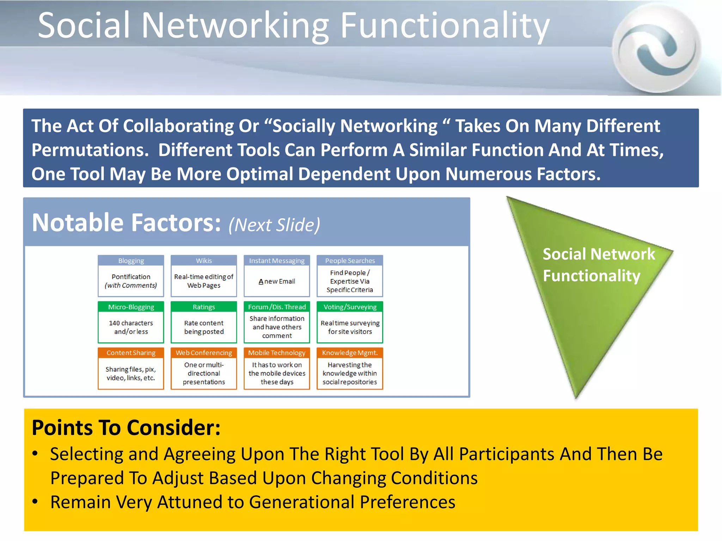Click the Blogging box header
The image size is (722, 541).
tap(131, 261)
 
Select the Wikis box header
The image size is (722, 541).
tap(204, 261)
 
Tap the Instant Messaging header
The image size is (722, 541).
tap(277, 261)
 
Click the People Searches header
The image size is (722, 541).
tap(350, 261)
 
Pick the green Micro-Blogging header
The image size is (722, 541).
tap(131, 307)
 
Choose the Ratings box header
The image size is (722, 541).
tap(204, 307)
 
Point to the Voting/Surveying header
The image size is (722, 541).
tap(350, 307)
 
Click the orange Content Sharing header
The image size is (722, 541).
tap(131, 353)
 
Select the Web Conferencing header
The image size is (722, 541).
tap(204, 353)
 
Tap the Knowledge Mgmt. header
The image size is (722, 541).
tap(350, 353)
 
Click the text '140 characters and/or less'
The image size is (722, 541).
tap(131, 327)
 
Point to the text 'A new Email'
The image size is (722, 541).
tap(277, 281)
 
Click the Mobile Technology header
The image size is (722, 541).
tap(277, 353)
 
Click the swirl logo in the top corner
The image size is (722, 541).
tap(656, 48)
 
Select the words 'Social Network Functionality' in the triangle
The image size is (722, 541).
tap(598, 265)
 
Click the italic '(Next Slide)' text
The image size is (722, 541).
tap(274, 225)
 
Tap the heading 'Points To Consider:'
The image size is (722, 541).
tap(126, 428)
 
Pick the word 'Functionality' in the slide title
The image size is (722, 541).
tap(445, 25)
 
